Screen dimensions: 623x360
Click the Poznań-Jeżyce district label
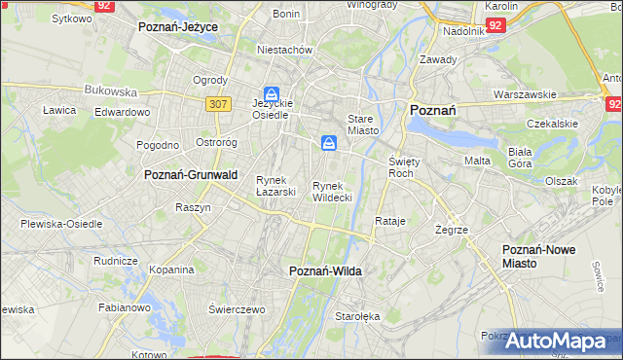[x=178, y=27]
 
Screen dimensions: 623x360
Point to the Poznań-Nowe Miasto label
[x=538, y=256]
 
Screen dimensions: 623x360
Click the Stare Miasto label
[x=361, y=123]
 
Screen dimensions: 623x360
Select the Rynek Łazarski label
[x=275, y=185]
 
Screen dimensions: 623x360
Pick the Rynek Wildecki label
[x=331, y=191]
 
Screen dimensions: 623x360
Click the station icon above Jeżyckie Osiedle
[x=272, y=95]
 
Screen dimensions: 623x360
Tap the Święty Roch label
[x=402, y=166]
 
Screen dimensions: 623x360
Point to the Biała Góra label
[x=527, y=158]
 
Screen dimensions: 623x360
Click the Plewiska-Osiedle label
[x=61, y=224]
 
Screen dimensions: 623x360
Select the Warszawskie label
[x=525, y=95]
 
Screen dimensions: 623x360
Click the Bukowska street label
[x=111, y=90]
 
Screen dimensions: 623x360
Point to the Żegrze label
[x=453, y=230]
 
